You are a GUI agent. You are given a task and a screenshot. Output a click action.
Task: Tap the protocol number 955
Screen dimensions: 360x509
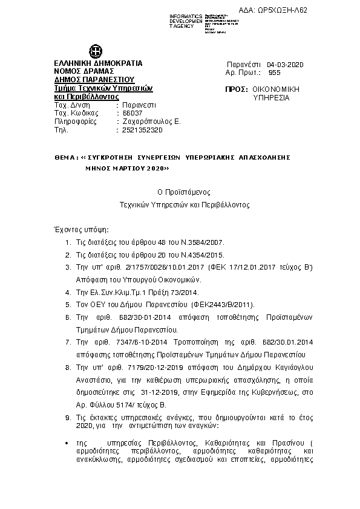(274, 72)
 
